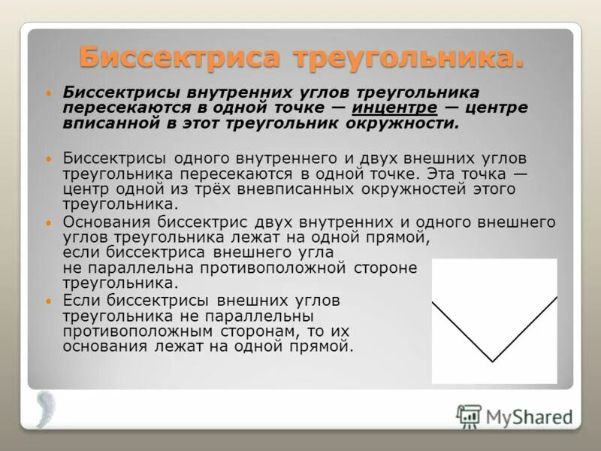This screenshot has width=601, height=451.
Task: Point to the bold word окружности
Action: [410, 123]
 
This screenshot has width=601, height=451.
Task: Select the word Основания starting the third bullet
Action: [107, 222]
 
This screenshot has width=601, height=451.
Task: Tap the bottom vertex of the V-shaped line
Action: [492, 362]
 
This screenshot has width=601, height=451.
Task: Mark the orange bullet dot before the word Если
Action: [50, 301]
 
